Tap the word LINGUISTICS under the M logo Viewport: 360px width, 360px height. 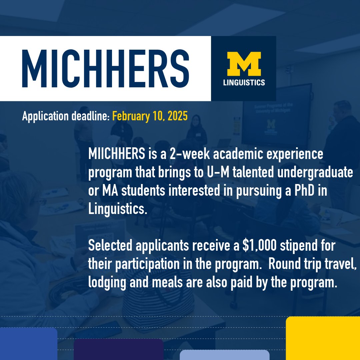[244, 82]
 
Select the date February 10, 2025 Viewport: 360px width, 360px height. [150, 116]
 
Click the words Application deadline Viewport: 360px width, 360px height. [65, 116]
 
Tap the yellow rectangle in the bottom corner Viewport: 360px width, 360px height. [323, 338]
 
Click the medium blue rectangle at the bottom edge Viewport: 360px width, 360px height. [28, 343]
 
